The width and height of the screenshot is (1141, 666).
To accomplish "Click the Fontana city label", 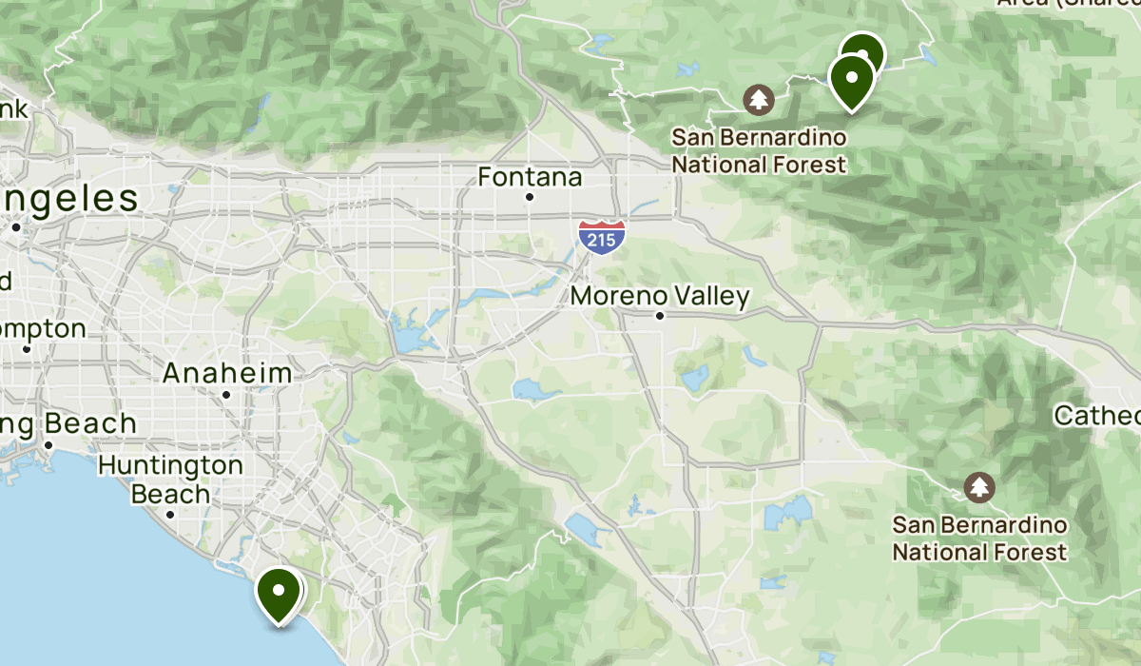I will pos(530,177).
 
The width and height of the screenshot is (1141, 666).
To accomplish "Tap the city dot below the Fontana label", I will pos(530,197).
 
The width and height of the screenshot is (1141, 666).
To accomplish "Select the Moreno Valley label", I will pos(660,296).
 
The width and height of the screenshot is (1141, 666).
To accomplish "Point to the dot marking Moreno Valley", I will pos(660,315).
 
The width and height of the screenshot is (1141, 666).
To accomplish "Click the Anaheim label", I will pos(226,373).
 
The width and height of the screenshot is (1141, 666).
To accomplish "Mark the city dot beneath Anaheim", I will pos(226,394).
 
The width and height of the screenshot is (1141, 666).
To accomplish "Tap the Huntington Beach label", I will pos(170,480).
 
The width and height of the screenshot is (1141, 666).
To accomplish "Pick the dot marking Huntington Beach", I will pos(170,515).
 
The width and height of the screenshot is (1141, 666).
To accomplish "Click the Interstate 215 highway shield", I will pos(602,235).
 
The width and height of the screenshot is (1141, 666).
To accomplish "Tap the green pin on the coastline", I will pos(279,593).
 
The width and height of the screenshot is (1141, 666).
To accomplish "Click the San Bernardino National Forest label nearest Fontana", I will pos(759,150).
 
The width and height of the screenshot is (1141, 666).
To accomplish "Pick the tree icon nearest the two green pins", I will pos(759,98).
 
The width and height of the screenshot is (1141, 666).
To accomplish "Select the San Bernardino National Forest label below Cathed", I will pos(978,539).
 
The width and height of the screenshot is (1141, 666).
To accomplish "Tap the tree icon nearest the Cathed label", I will pos(978,487).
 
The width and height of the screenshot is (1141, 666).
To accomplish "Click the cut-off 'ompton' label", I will pos(43,329).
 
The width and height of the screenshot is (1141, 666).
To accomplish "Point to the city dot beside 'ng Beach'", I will pos(48,444).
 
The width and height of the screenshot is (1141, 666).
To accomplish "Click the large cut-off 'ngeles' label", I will pos(68,200).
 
